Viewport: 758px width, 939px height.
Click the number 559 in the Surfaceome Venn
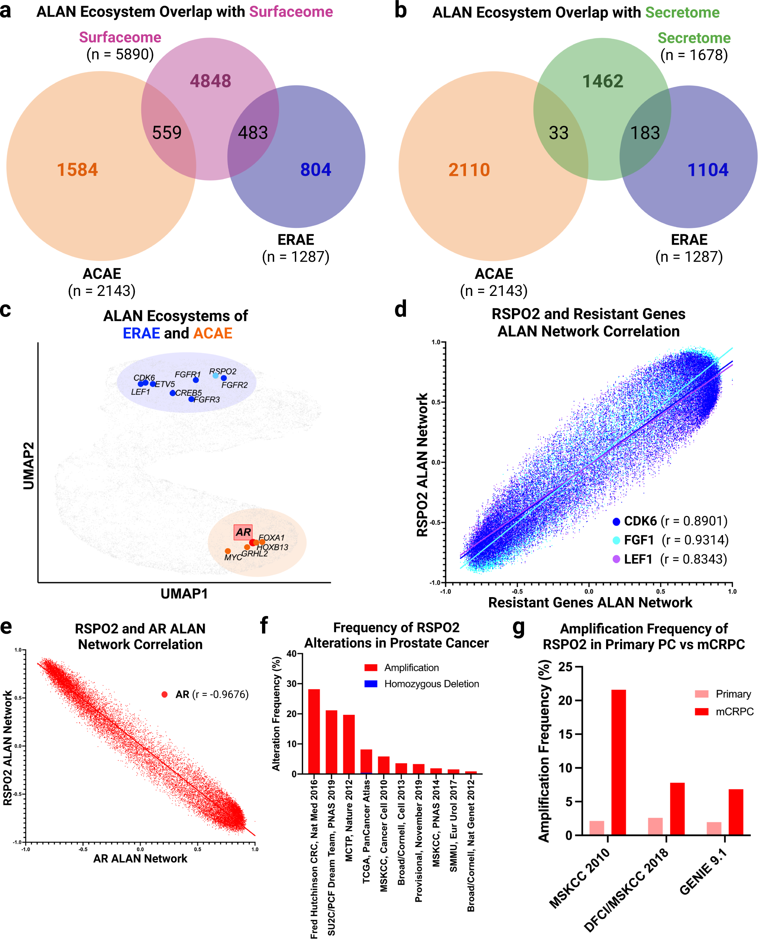pyautogui.click(x=167, y=132)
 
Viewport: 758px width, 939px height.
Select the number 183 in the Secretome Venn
pyautogui.click(x=645, y=133)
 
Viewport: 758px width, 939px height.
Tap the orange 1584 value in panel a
pyautogui.click(x=77, y=169)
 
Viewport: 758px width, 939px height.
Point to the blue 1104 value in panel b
pyautogui.click(x=708, y=169)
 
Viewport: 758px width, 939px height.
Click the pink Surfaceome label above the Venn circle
pyautogui.click(x=120, y=38)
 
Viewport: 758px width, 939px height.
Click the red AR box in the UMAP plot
pyautogui.click(x=243, y=532)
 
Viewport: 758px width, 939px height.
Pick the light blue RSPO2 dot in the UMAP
pyautogui.click(x=215, y=376)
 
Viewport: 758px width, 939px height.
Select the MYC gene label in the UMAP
pyautogui.click(x=233, y=557)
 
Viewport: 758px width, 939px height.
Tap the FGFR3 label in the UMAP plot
pyautogui.click(x=207, y=400)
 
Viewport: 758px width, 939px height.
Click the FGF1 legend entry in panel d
pyautogui.click(x=638, y=540)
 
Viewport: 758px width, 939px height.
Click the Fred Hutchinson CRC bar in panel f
pyautogui.click(x=314, y=732)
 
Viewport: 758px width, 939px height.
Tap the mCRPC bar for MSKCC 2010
pyautogui.click(x=618, y=762)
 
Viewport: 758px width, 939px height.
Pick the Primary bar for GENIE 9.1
pyautogui.click(x=714, y=828)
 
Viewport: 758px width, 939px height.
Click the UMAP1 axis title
pyautogui.click(x=184, y=594)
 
